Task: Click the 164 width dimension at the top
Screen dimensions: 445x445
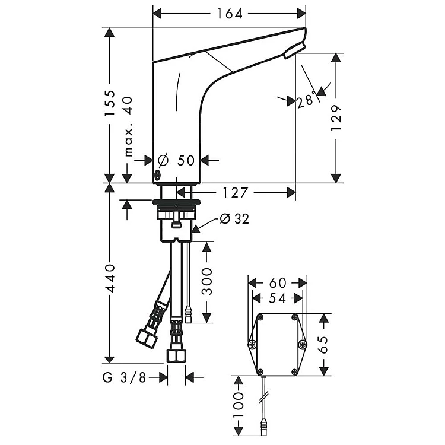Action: tap(230, 14)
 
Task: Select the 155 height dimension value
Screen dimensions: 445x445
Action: tap(109, 103)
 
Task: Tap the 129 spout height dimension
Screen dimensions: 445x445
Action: tap(336, 118)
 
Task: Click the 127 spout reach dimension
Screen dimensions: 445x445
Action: tap(236, 193)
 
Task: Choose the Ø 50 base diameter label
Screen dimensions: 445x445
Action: tap(176, 160)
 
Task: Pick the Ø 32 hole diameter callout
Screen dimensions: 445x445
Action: tap(235, 218)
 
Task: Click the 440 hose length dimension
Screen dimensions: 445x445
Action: tap(109, 278)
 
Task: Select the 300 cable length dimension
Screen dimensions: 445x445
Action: tap(207, 281)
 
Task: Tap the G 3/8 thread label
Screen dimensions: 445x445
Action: tap(125, 377)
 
